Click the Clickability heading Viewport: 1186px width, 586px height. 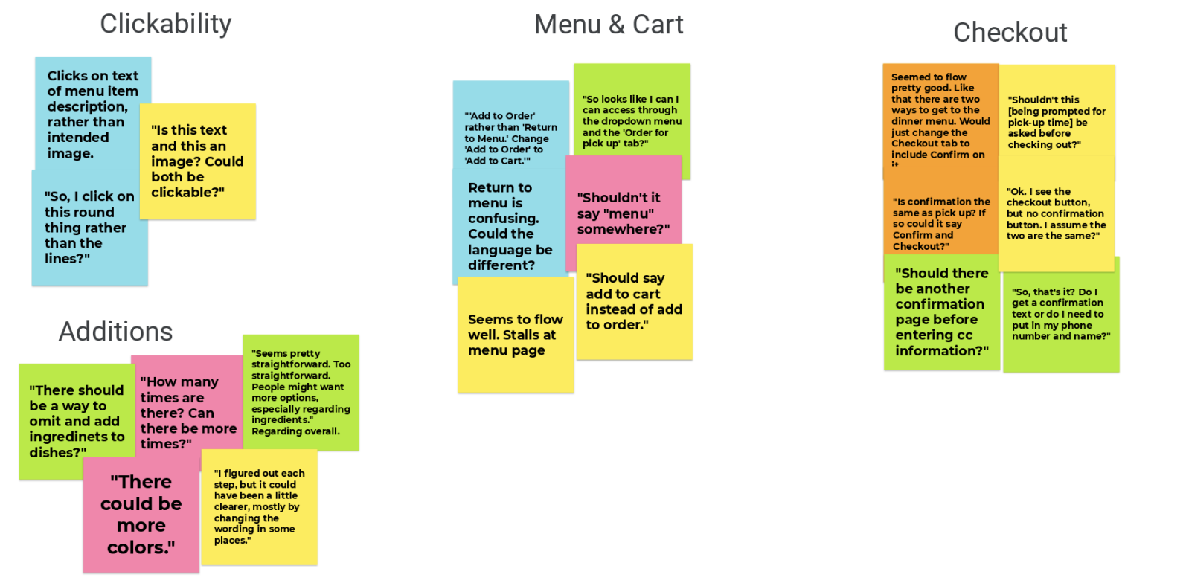pyautogui.click(x=165, y=24)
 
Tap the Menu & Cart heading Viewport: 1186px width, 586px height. pyautogui.click(x=608, y=25)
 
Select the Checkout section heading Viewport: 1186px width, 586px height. pyautogui.click(x=1010, y=32)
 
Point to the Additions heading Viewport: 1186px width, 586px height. pyautogui.click(x=115, y=331)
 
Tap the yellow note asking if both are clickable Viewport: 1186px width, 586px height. pyautogui.click(x=197, y=161)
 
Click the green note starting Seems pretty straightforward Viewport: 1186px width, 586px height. pyautogui.click(x=301, y=392)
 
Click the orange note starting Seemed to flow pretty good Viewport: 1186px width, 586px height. pyautogui.click(x=940, y=119)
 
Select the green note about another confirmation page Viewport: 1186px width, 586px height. pyautogui.click(x=940, y=312)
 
